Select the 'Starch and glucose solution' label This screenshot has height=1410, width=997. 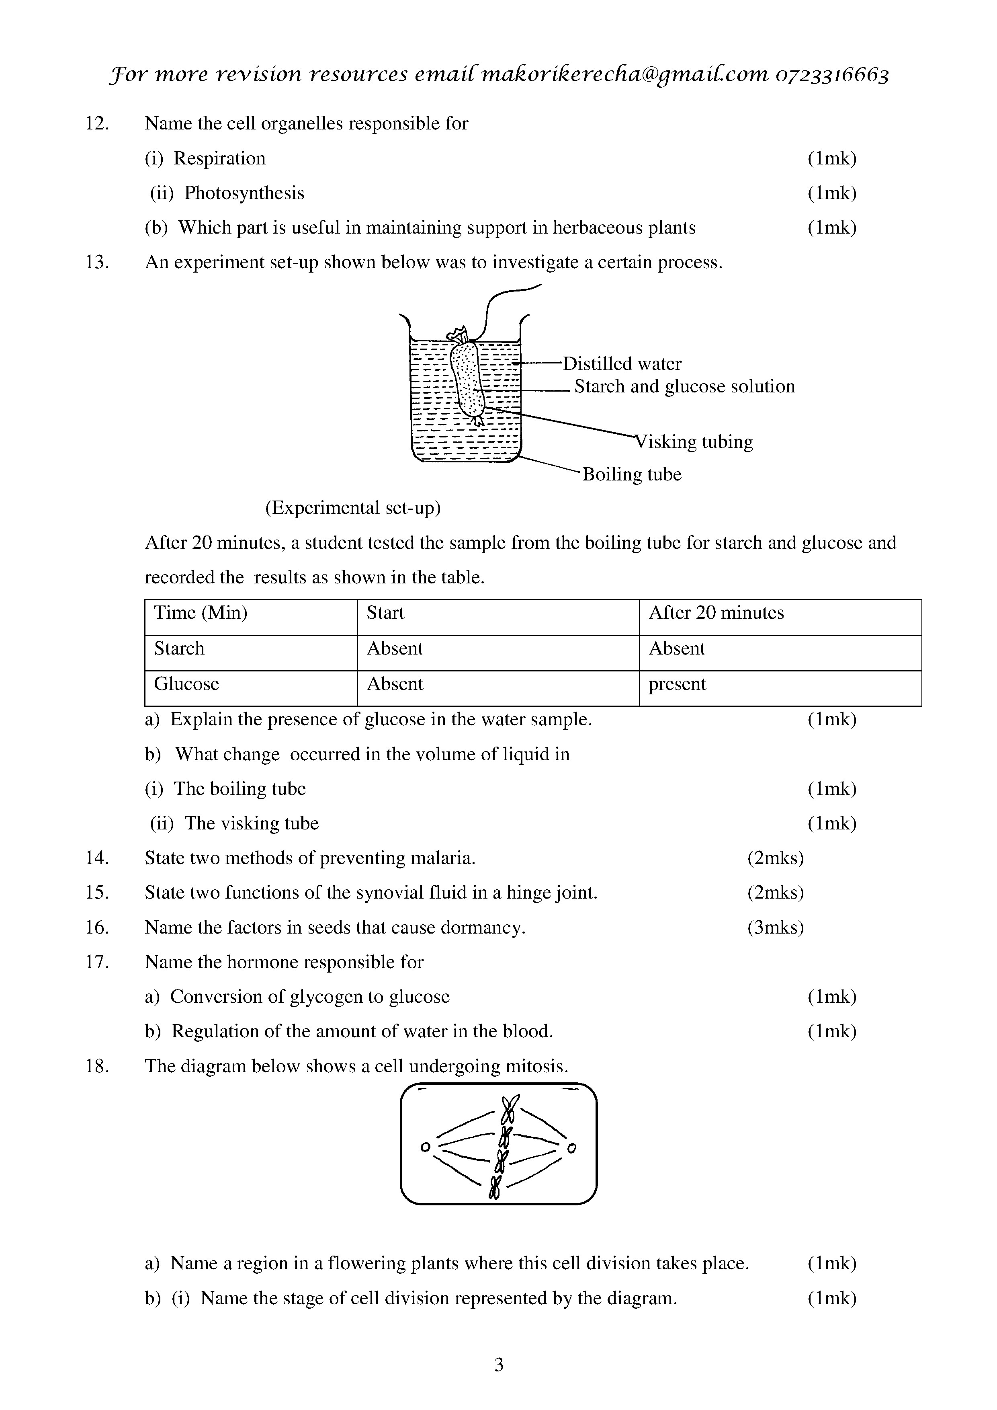[x=684, y=386]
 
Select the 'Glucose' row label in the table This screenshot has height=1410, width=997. [x=186, y=684]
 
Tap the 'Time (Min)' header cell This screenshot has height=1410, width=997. [x=200, y=613]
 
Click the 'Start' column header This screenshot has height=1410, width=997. [x=385, y=613]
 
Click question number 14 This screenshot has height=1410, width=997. [x=97, y=858]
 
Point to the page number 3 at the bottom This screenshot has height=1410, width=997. [x=498, y=1365]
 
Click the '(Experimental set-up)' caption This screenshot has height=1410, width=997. [x=352, y=508]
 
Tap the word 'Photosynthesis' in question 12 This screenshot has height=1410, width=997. [x=244, y=193]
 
